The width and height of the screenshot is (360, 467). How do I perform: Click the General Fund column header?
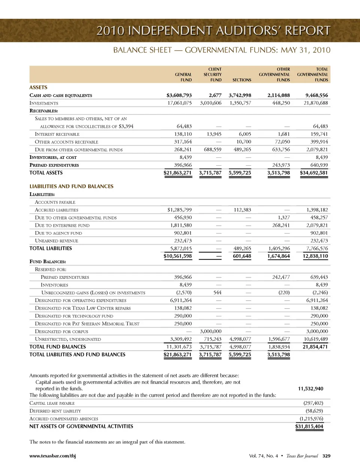coord(183,77)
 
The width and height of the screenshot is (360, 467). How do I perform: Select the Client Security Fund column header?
coord(213,75)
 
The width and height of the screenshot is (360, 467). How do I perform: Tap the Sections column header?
coord(241,80)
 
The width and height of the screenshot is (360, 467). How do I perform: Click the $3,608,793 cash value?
coord(179,95)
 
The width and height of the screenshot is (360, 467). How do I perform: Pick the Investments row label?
coord(44,103)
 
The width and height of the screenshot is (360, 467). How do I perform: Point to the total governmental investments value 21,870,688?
coord(315,103)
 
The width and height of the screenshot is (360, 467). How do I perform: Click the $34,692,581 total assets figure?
coord(313,173)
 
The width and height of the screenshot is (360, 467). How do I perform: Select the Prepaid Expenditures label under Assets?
coord(54,165)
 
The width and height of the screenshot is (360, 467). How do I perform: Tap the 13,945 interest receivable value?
coord(214,134)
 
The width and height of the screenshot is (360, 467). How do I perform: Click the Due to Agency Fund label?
coord(58,233)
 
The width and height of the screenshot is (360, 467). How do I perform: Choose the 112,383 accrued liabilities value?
coord(242,210)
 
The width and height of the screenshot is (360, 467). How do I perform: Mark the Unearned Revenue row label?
coord(56,241)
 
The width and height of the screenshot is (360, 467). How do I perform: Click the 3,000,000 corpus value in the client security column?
coord(210,331)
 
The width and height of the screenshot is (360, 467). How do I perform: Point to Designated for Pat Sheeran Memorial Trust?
coord(87,324)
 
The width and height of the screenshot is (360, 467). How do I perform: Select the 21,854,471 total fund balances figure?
coord(315,347)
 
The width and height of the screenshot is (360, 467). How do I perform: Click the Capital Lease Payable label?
coord(52,403)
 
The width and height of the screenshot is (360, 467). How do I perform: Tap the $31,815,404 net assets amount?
coord(309,427)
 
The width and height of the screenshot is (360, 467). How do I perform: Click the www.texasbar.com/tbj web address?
coord(52,456)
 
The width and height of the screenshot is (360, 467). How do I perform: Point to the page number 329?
coord(326,456)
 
